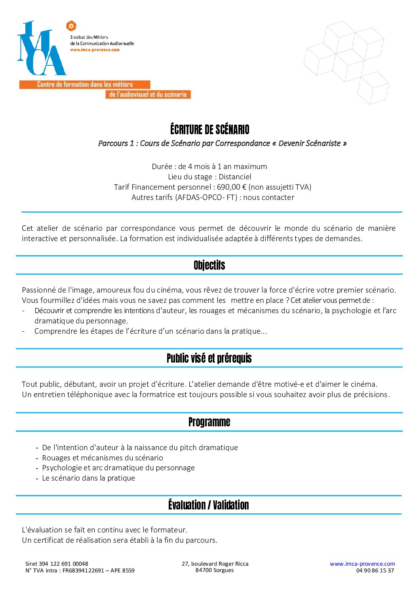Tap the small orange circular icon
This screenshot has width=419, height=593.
point(71,26)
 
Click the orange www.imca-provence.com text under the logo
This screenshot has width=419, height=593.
point(95,50)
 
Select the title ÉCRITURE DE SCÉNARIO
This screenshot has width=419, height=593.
point(209,129)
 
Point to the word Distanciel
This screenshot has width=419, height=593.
point(235,177)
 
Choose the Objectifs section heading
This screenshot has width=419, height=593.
point(209,265)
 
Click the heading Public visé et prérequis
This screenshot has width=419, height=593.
point(209,358)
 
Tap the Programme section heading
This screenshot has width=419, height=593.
point(209,422)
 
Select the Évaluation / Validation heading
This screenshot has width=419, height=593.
point(208,505)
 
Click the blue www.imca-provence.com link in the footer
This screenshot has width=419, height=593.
point(362,564)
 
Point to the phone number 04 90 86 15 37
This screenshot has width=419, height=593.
point(375,570)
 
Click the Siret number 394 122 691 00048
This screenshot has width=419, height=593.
point(63,564)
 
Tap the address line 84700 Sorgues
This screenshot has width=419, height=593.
point(214,570)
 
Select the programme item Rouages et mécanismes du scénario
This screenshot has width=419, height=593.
point(103,458)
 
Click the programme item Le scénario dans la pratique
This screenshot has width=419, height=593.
point(88,478)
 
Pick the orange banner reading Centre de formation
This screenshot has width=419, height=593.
point(85,84)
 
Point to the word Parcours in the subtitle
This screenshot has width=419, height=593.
point(113,143)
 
